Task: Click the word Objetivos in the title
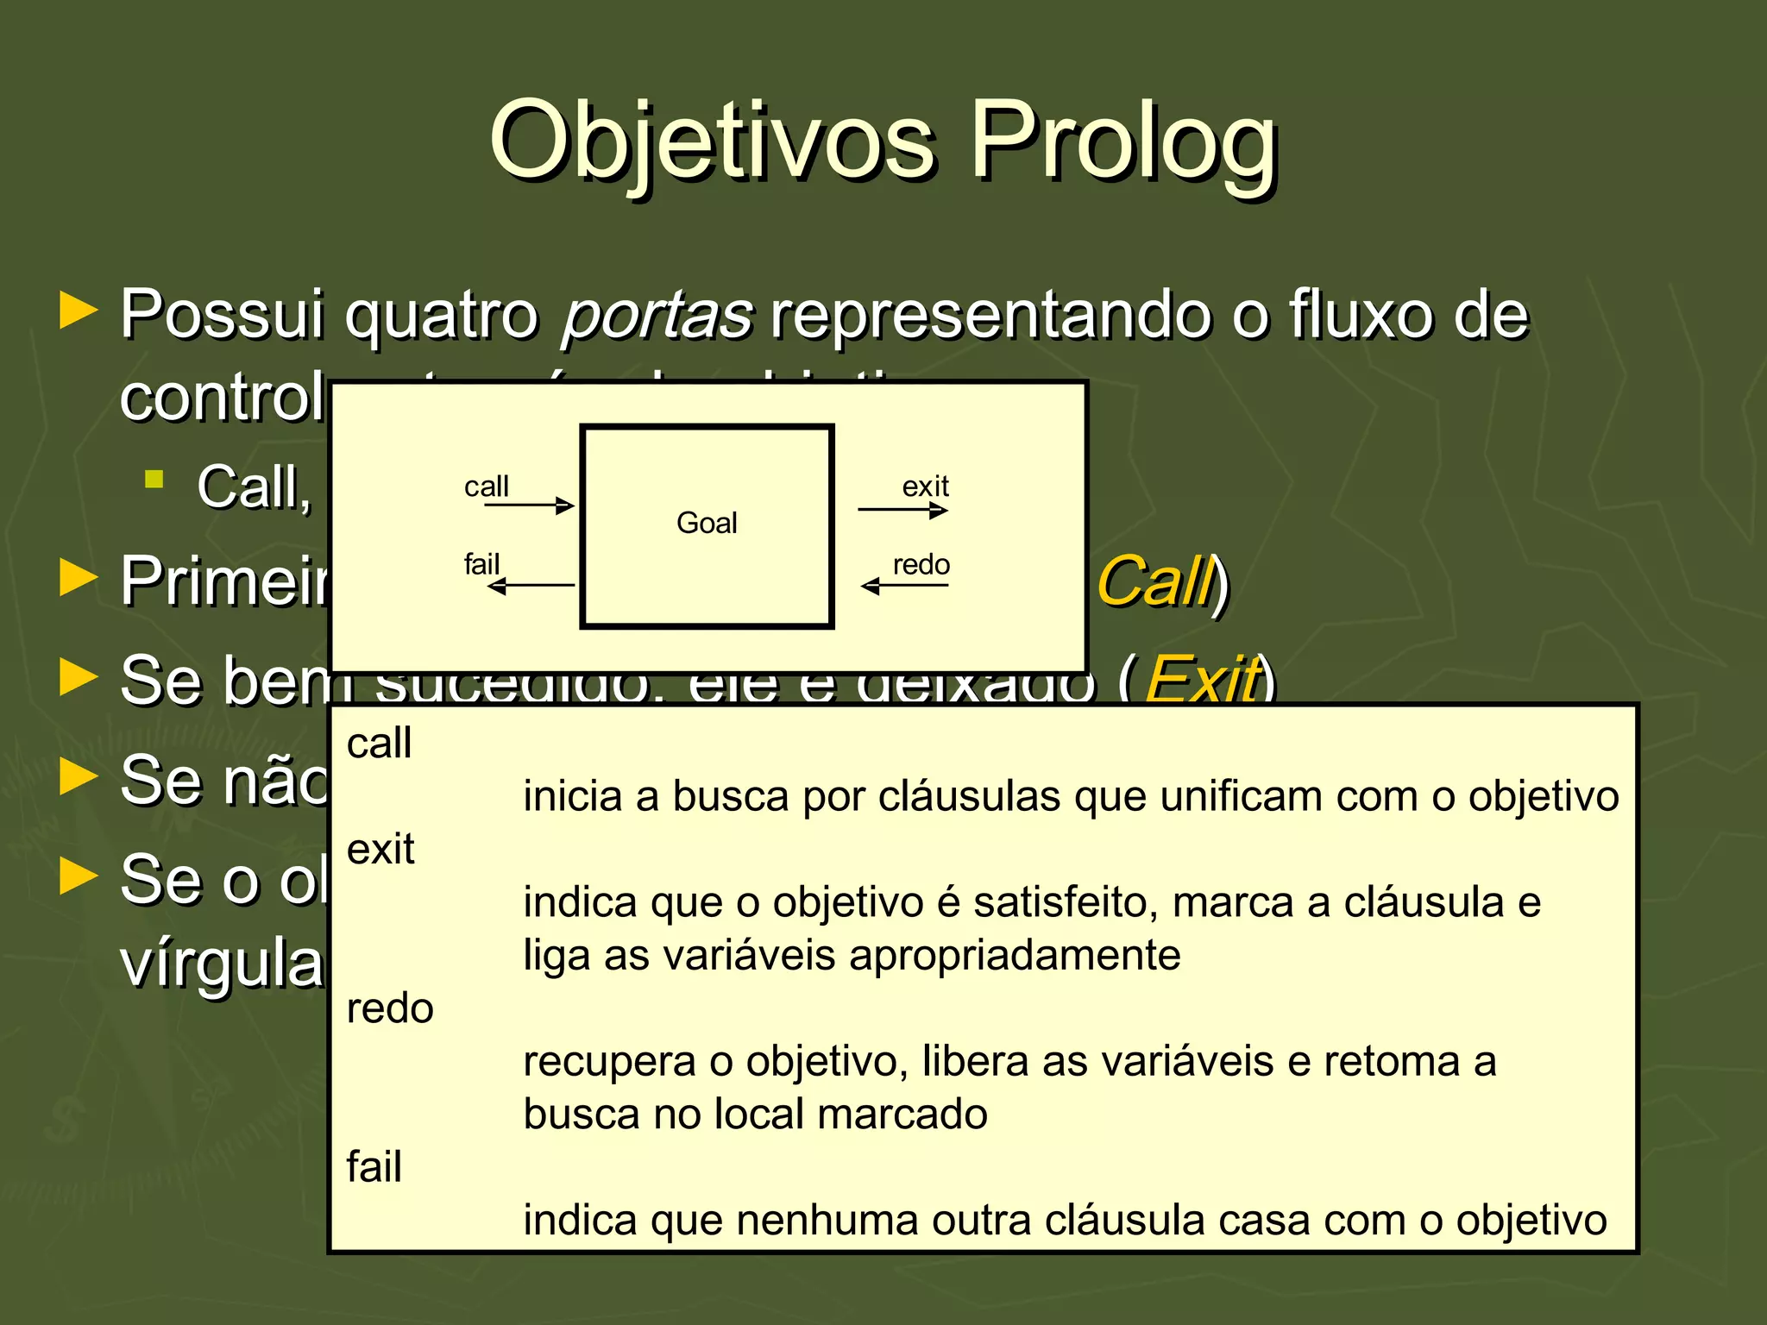pyautogui.click(x=712, y=142)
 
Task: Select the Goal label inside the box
pyautogui.click(x=707, y=523)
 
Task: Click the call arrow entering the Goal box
pyautogui.click(x=529, y=506)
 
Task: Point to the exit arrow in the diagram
pyautogui.click(x=902, y=510)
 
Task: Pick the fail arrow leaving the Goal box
pyautogui.click(x=531, y=586)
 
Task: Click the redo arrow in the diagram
pyautogui.click(x=904, y=587)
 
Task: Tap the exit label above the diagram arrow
pyautogui.click(x=925, y=487)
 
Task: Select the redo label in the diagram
pyautogui.click(x=921, y=565)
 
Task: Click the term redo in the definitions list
pyautogui.click(x=390, y=1008)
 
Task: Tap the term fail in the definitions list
pyautogui.click(x=374, y=1167)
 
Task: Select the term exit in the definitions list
pyautogui.click(x=380, y=850)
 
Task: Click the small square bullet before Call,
pyautogui.click(x=154, y=480)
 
